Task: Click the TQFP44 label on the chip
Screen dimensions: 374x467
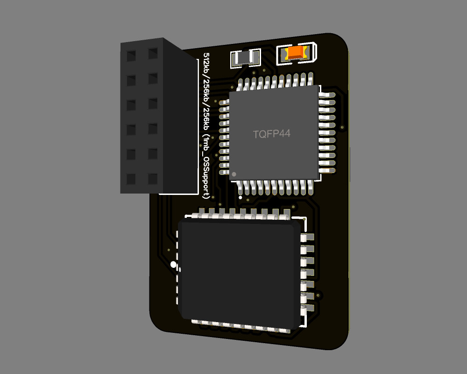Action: (272, 134)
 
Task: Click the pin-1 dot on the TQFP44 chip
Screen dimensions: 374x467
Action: (234, 174)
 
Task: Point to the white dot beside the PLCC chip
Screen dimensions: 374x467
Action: (174, 265)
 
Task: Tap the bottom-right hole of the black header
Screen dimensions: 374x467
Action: (153, 178)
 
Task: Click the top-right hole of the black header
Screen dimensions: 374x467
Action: (153, 53)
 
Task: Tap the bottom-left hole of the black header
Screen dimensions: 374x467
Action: (131, 179)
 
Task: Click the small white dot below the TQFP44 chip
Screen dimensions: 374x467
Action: (241, 197)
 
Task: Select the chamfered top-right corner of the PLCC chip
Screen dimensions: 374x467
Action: (294, 226)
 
